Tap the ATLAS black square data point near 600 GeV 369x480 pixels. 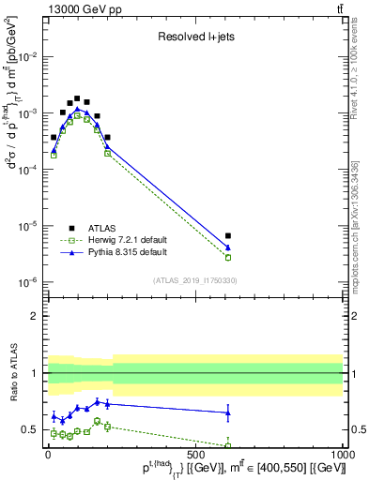click(228, 236)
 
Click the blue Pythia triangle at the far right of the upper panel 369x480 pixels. click(228, 247)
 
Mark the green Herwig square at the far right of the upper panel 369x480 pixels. click(228, 257)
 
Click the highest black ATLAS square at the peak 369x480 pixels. click(77, 97)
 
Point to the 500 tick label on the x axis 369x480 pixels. click(195, 457)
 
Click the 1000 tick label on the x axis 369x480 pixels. click(343, 457)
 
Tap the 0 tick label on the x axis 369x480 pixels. click(48, 457)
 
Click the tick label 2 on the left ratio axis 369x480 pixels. click(34, 316)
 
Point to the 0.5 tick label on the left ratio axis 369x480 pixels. click(30, 430)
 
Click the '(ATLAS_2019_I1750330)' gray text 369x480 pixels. click(195, 280)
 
